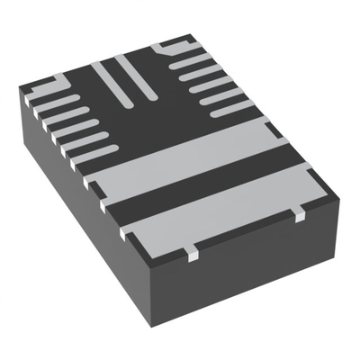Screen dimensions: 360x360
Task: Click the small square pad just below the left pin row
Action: (90, 180)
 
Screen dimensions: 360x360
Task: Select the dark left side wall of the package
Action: (72, 207)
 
